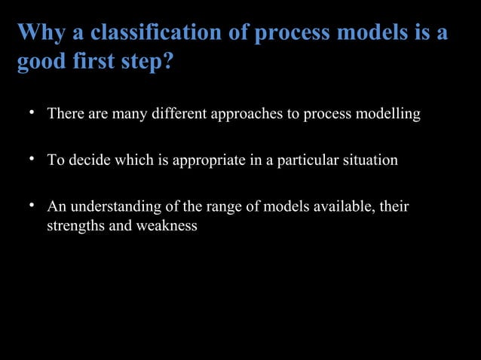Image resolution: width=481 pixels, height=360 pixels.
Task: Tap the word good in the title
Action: [41, 63]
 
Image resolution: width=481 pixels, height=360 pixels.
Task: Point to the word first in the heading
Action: [95, 63]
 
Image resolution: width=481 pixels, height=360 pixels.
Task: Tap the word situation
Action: [369, 161]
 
